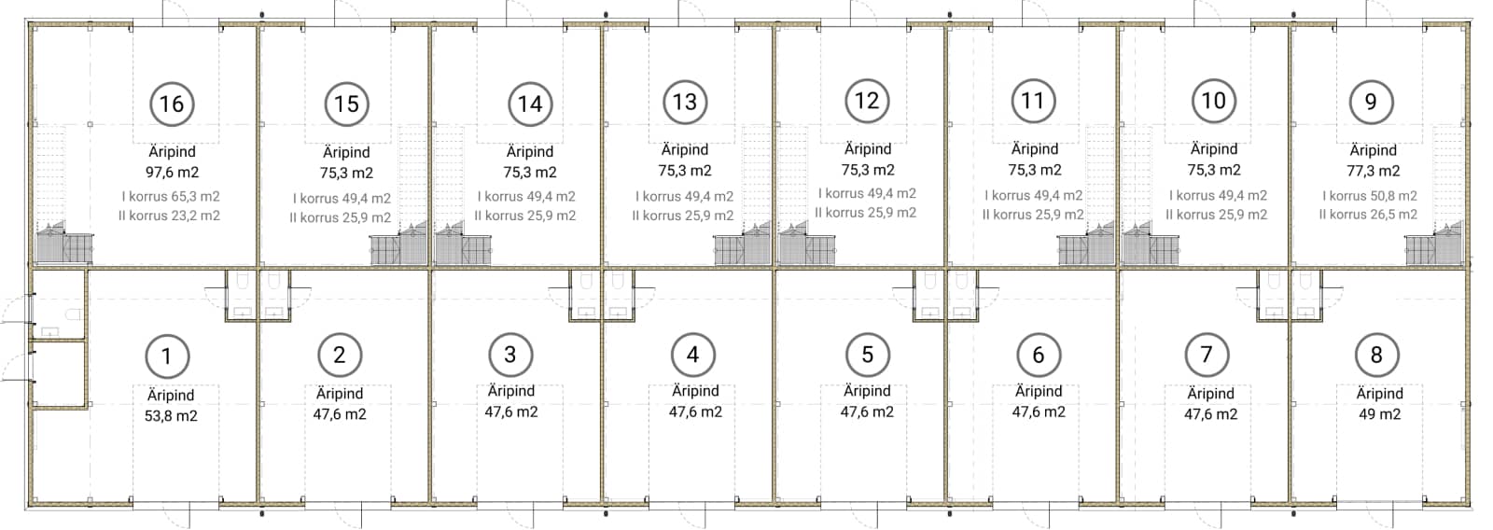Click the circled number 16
172,104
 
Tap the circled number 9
1371,102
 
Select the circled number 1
167,356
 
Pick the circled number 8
1377,356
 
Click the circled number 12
867,101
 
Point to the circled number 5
868,355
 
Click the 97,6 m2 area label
172,173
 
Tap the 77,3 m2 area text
1373,172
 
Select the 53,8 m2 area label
171,416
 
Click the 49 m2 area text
1380,414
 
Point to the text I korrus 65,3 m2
171,197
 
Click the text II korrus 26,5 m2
1368,215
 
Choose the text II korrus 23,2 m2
169,216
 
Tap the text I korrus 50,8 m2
1370,196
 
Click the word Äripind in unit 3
511,391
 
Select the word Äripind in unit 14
530,152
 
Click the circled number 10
1214,101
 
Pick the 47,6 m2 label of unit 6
1039,412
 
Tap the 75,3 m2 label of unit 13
685,171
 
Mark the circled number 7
1207,355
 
